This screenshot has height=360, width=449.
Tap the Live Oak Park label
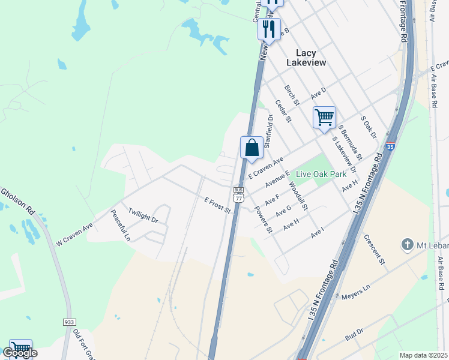(x=321, y=173)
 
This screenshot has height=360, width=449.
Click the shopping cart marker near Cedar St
(x=324, y=117)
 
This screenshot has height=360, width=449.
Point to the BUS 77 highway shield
(x=239, y=194)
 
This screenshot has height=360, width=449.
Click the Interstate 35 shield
(x=390, y=146)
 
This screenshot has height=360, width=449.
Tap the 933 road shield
(x=69, y=322)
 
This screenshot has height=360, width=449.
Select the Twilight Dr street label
(x=143, y=216)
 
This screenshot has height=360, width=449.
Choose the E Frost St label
(x=217, y=205)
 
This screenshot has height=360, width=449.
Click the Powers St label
(x=264, y=220)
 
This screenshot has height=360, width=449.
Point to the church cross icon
(x=408, y=244)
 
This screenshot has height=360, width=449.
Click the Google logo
(x=20, y=353)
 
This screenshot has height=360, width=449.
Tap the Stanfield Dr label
(x=269, y=131)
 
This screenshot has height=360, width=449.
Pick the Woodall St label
(x=297, y=196)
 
